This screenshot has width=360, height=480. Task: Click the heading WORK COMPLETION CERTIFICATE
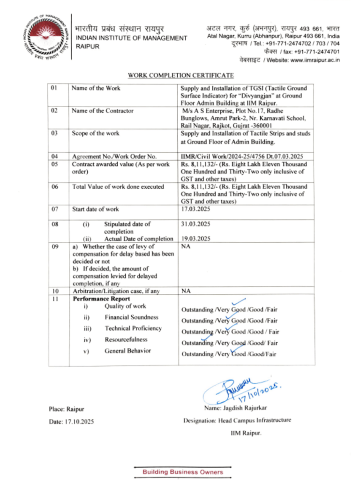(x=180, y=75)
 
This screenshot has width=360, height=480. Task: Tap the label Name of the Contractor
(x=102, y=111)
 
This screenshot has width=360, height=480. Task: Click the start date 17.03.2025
(x=195, y=209)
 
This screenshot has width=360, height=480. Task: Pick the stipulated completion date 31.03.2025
(x=195, y=224)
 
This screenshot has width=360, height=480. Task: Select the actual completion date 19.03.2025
(x=195, y=239)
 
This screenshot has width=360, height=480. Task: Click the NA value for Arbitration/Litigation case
(x=186, y=291)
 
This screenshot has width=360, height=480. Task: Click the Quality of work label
(x=125, y=306)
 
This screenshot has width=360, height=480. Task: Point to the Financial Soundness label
(x=131, y=317)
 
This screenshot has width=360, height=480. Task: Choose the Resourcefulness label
(x=126, y=339)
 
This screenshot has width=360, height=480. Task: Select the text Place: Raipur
(x=67, y=409)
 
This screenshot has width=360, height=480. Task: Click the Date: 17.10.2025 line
(x=71, y=421)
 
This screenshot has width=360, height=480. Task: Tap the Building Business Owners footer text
(x=183, y=472)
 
